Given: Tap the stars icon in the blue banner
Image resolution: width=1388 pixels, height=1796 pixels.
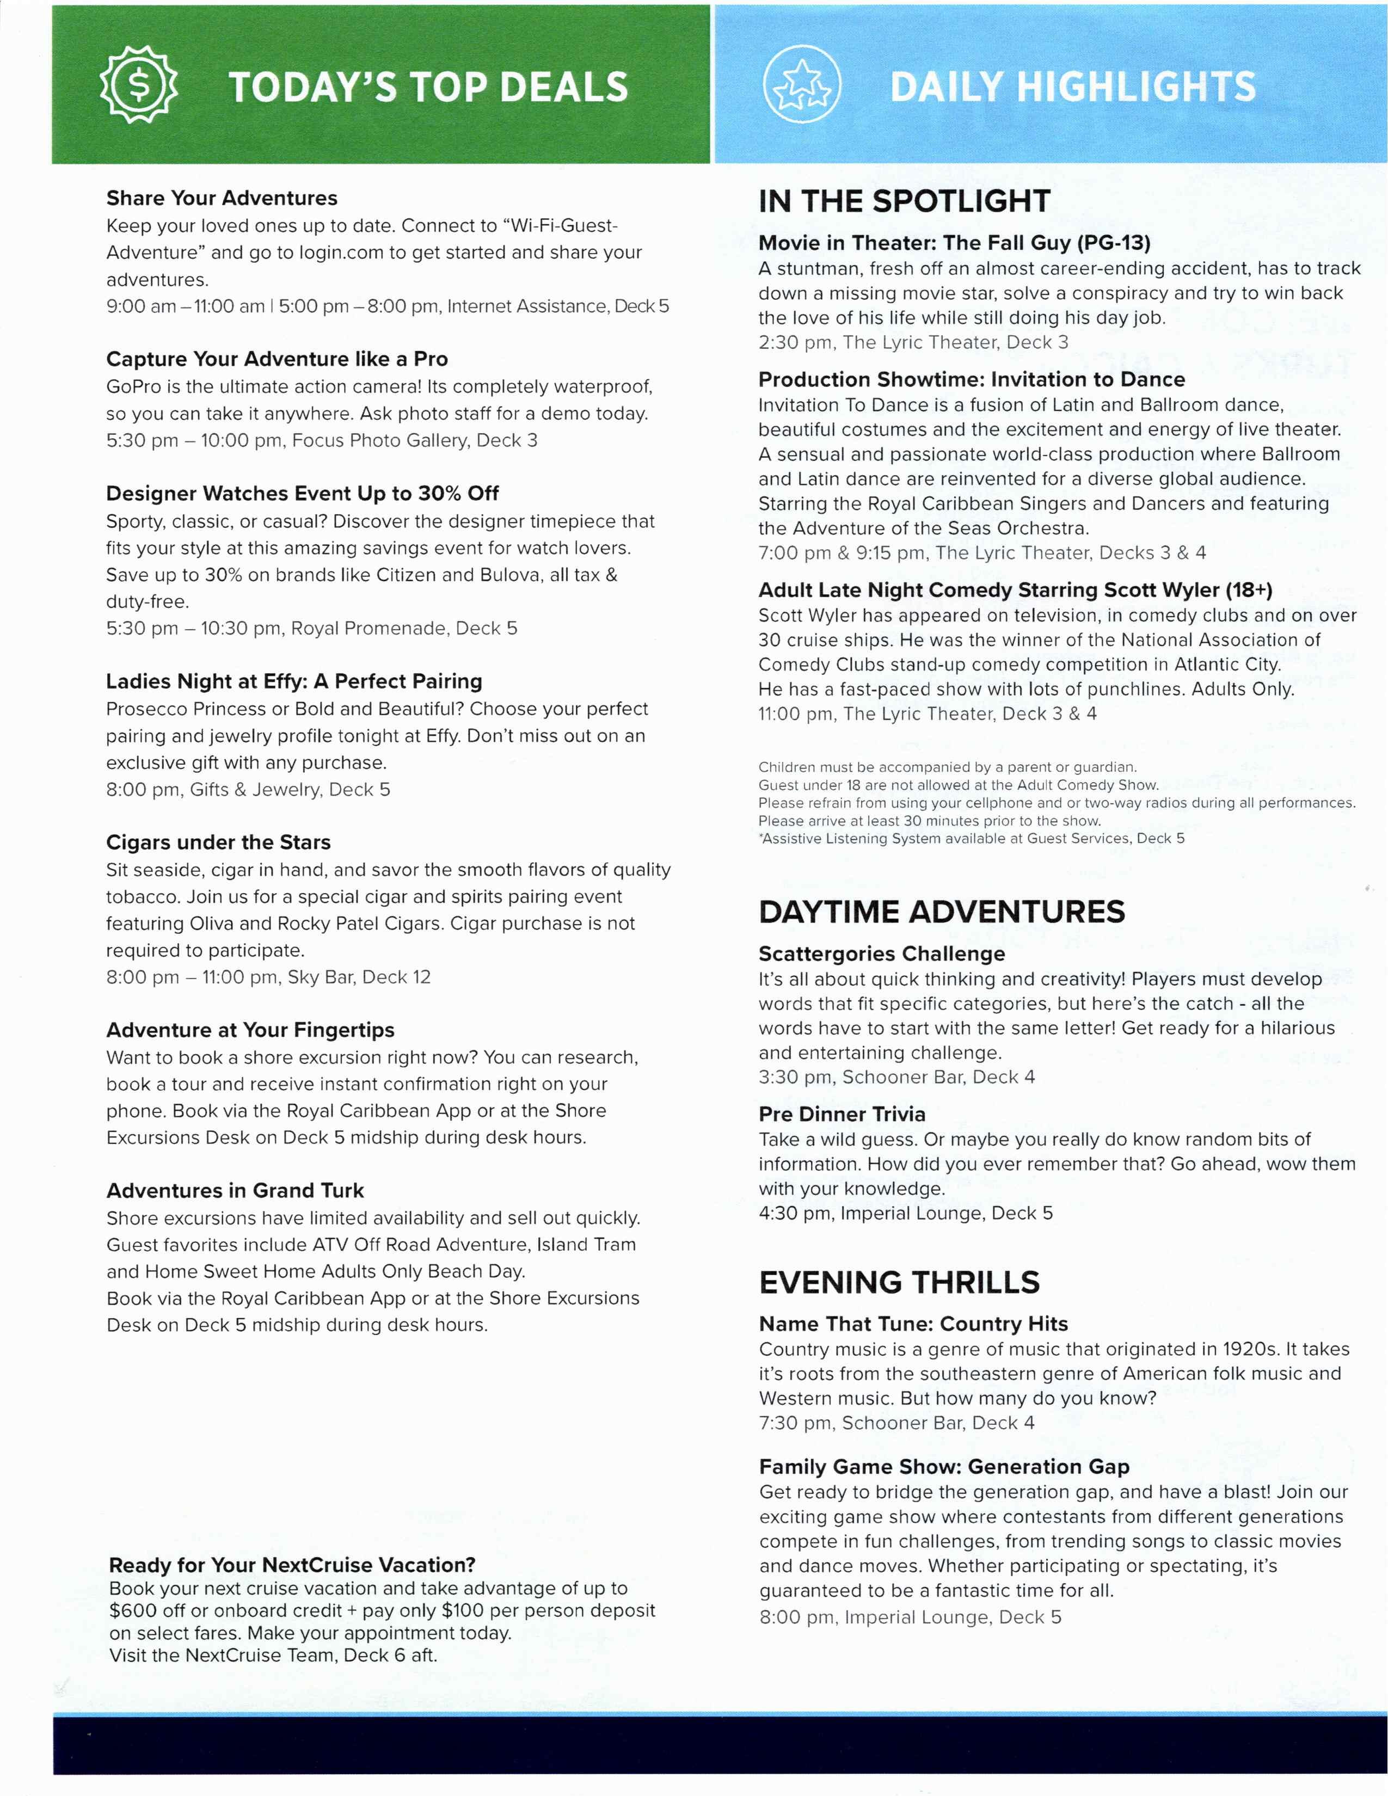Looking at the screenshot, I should tap(802, 85).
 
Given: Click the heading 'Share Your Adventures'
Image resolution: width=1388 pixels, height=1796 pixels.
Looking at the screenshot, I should tap(221, 198).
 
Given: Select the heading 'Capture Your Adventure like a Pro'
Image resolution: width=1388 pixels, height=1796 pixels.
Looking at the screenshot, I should tap(277, 359).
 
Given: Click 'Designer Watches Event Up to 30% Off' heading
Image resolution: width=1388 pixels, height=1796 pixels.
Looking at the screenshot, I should tap(302, 494).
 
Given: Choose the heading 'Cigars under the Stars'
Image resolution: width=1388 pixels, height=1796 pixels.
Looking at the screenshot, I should tap(218, 842).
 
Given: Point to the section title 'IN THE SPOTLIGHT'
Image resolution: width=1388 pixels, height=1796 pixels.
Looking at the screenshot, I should tap(904, 201).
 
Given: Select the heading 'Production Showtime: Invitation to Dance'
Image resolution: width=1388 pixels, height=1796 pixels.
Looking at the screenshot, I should tap(971, 379).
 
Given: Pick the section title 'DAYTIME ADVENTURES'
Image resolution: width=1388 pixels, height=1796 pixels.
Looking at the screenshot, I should tap(942, 912).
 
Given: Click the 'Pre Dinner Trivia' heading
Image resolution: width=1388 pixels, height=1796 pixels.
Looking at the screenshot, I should tap(841, 1114).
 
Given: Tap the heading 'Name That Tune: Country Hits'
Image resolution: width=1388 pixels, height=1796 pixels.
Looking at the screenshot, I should tap(913, 1324).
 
